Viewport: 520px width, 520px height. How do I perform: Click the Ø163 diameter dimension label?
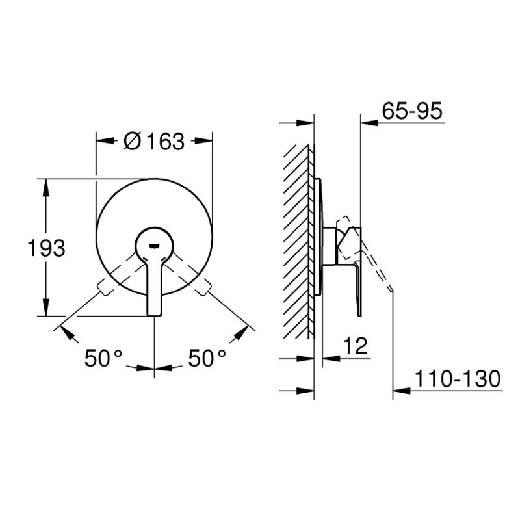pos(154,140)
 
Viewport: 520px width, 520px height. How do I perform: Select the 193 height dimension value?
pos(46,248)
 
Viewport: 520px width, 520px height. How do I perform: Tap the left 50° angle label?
pos(103,357)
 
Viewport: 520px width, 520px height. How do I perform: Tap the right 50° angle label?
pos(207,357)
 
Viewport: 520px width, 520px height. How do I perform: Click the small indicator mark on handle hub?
pos(154,245)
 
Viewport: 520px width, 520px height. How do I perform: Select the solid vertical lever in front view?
pos(154,286)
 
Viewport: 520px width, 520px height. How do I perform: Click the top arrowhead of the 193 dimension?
pos(46,185)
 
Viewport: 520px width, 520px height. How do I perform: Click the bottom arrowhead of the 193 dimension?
pos(46,310)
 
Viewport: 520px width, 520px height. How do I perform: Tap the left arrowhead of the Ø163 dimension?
pos(103,140)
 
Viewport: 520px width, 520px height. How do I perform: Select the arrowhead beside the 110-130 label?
pos(400,391)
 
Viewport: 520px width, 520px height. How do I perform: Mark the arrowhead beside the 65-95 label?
pos(368,122)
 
